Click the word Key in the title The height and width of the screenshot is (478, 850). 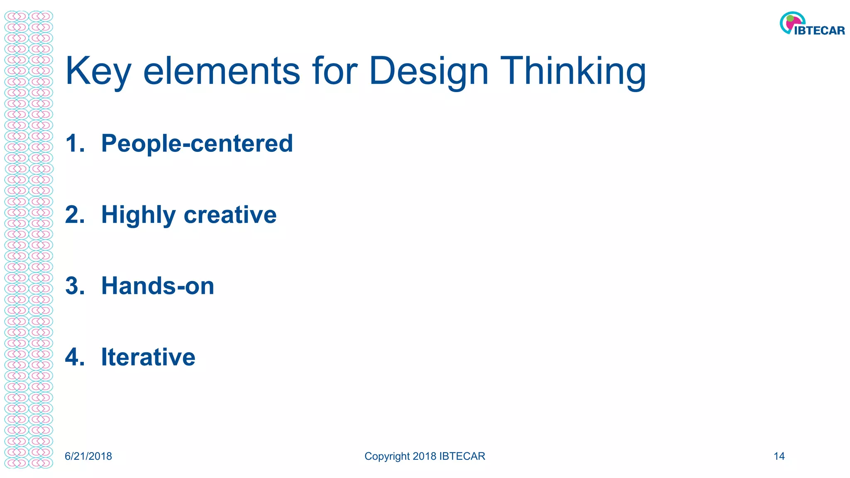(x=98, y=71)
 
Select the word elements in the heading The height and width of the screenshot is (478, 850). (x=221, y=71)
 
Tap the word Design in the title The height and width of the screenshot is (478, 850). (x=428, y=71)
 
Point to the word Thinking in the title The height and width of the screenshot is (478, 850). (x=573, y=71)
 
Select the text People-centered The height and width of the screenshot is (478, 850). (x=197, y=144)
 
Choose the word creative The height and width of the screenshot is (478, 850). (x=230, y=215)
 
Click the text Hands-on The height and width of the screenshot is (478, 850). (x=158, y=286)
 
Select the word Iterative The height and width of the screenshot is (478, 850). (x=148, y=357)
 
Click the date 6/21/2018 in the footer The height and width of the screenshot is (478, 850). (x=88, y=456)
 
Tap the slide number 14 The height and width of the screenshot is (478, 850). (x=779, y=456)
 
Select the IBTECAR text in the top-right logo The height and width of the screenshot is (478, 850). (x=819, y=31)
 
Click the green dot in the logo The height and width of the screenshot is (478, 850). (x=790, y=19)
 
